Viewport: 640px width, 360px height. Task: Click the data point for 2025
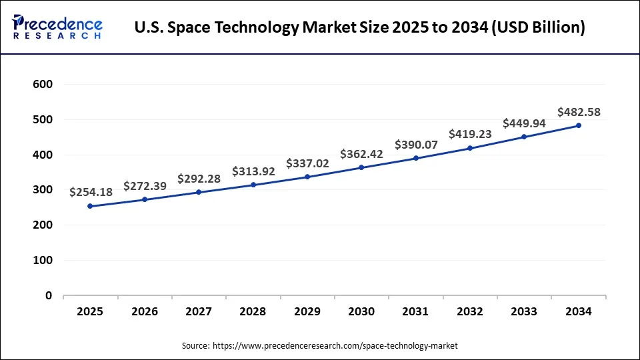point(90,206)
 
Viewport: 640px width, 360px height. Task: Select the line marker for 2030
point(361,167)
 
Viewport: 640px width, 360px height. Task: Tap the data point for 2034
point(579,125)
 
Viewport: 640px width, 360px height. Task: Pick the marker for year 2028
point(253,185)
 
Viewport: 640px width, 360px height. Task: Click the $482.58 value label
point(579,112)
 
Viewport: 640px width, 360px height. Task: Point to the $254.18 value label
point(91,192)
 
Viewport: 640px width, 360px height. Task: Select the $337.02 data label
point(307,163)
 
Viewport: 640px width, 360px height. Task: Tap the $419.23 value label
point(470,134)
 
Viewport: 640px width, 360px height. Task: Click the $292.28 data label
point(199,179)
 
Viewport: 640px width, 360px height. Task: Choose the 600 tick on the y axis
point(42,85)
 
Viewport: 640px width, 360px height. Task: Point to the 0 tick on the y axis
point(48,295)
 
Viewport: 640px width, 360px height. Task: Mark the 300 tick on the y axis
point(42,190)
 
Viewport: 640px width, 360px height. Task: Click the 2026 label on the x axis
point(144,311)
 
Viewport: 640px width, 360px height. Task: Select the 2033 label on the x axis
point(524,311)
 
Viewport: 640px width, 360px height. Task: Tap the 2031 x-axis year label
point(415,311)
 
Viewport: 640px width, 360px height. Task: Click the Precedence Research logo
point(57,27)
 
